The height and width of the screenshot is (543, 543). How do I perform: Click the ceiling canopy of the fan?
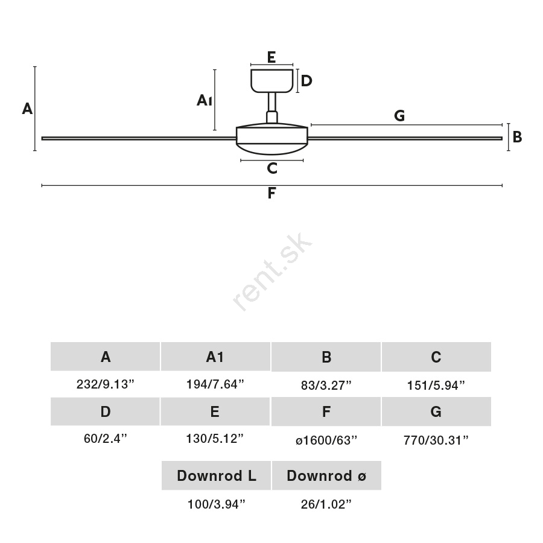click(272, 81)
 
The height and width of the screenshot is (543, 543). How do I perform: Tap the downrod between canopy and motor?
click(272, 102)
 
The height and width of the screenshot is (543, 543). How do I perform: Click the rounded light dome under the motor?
click(272, 148)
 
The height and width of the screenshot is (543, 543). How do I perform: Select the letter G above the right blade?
click(399, 115)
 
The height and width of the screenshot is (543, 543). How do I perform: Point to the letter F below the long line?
click(272, 193)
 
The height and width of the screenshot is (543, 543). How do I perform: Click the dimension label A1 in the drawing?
click(205, 100)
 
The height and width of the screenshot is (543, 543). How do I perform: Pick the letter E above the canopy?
click(271, 57)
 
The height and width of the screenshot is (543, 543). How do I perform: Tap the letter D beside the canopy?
click(306, 81)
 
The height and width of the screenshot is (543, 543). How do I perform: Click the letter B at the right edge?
click(517, 137)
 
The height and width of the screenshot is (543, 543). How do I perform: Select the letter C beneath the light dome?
click(272, 168)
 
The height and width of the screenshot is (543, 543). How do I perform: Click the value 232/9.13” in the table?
click(105, 384)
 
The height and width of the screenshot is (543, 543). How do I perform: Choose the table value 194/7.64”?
click(215, 384)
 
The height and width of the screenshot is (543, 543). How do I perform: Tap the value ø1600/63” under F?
click(326, 440)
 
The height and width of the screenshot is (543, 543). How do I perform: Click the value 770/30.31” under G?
click(436, 440)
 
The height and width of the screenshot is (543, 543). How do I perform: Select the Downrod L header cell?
click(216, 475)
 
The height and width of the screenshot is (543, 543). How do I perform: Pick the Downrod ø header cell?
click(326, 475)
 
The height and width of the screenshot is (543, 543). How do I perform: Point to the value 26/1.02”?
click(326, 504)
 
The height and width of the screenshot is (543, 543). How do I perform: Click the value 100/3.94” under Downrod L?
click(216, 504)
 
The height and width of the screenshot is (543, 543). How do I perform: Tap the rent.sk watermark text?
click(272, 272)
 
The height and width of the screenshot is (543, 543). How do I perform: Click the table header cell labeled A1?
click(215, 357)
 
